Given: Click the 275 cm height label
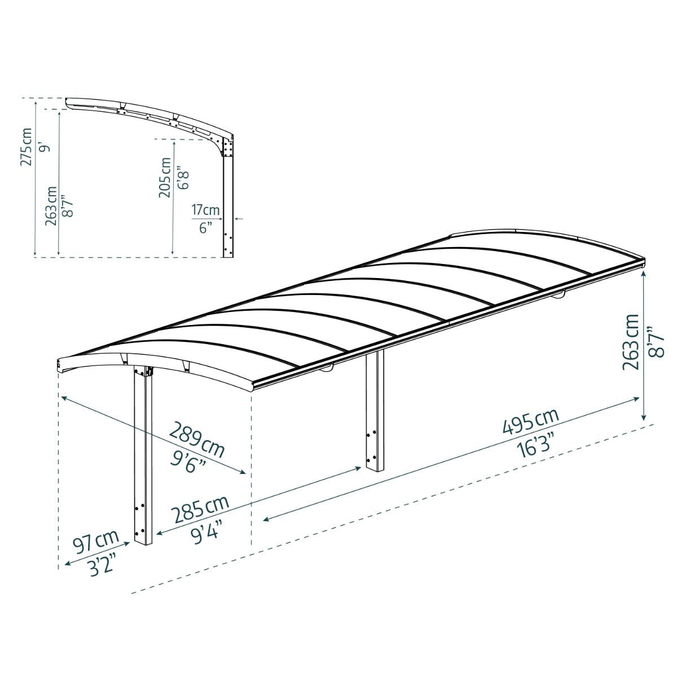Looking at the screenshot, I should pos(26,147).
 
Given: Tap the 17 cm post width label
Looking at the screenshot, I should pos(205,210).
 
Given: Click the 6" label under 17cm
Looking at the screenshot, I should pos(205,227).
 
